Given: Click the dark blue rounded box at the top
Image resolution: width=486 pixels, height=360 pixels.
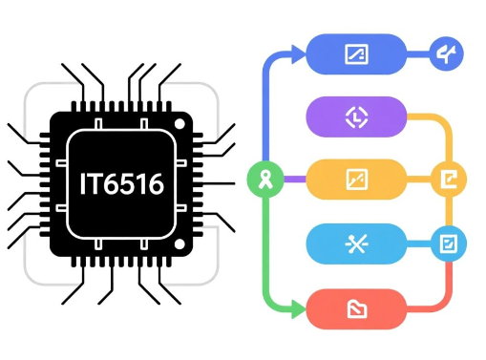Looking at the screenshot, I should tap(356, 53).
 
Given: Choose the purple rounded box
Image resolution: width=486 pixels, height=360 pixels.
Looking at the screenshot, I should tap(356, 116).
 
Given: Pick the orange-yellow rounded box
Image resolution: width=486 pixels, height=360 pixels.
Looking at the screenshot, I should tap(356, 179).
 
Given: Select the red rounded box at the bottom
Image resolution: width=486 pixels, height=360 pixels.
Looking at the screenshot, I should tap(356, 307).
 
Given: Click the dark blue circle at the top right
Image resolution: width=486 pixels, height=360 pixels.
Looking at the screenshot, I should tap(446, 54).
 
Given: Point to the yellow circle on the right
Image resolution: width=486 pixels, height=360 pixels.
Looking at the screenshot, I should tap(446, 179).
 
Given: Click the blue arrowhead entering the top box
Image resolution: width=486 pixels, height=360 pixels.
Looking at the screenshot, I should tap(299, 54).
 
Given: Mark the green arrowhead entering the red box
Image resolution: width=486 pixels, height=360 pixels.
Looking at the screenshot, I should tap(299, 307).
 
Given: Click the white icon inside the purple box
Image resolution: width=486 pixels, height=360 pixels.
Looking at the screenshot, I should tap(356, 116).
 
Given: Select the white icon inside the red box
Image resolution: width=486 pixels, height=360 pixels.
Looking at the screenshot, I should tap(356, 307).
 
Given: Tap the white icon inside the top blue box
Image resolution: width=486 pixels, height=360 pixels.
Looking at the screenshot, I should tap(356, 53).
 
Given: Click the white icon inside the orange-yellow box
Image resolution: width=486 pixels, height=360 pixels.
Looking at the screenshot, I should tap(356, 179).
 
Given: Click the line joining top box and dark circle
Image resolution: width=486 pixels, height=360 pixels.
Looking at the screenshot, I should tap(418, 54).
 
